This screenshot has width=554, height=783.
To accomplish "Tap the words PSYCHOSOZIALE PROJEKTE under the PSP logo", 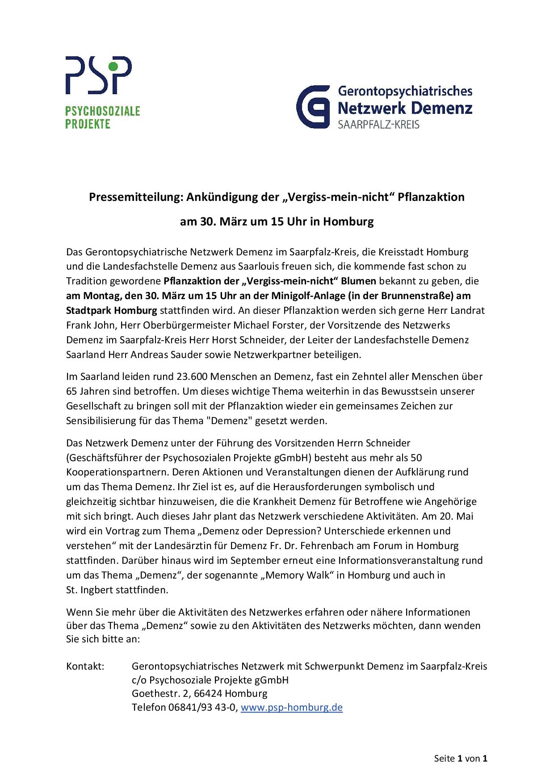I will (102, 117).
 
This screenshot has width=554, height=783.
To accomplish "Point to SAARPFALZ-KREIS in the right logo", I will (378, 125).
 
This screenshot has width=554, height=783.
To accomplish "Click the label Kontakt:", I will (85, 666).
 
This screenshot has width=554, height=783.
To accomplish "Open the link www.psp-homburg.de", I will (292, 708).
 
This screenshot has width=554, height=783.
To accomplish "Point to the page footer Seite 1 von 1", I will (460, 758).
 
